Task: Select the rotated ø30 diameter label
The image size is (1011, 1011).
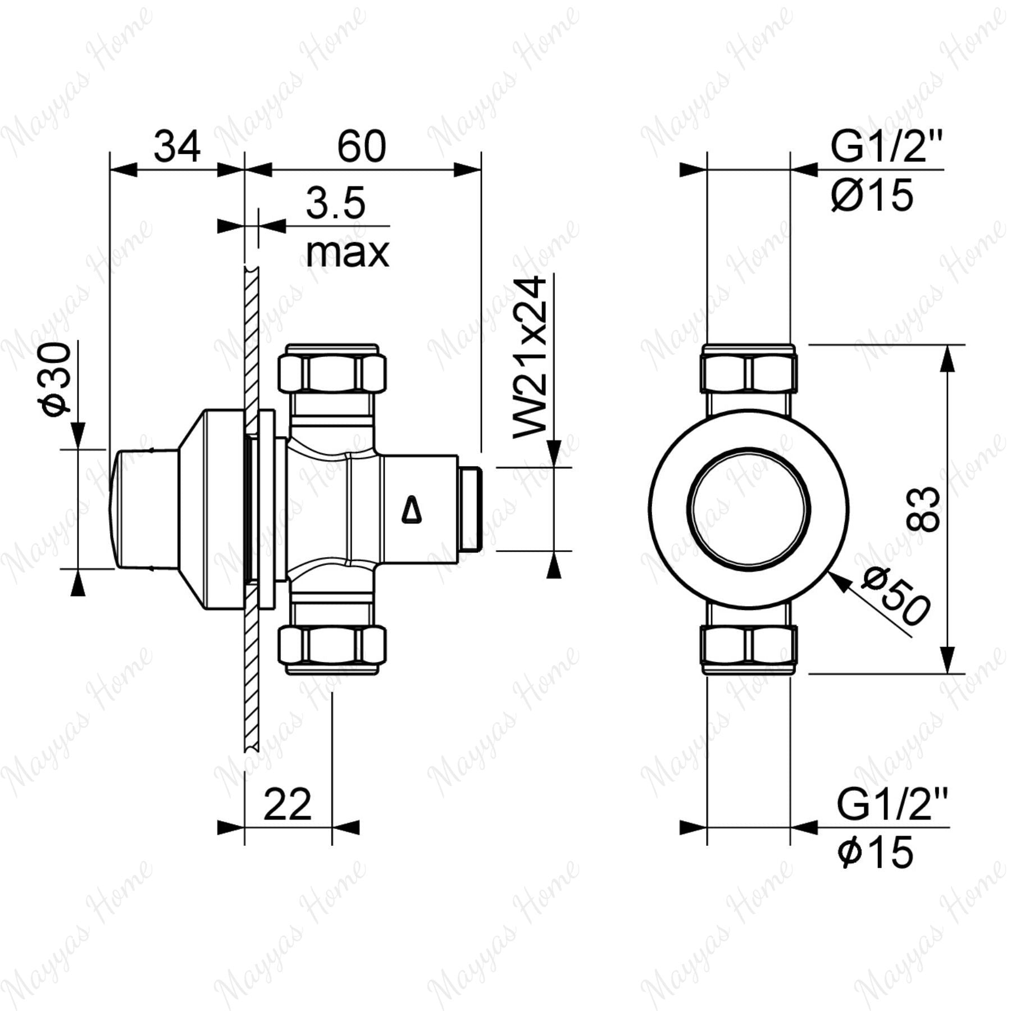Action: pos(58,380)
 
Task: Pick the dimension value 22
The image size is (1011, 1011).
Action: pos(287,805)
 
